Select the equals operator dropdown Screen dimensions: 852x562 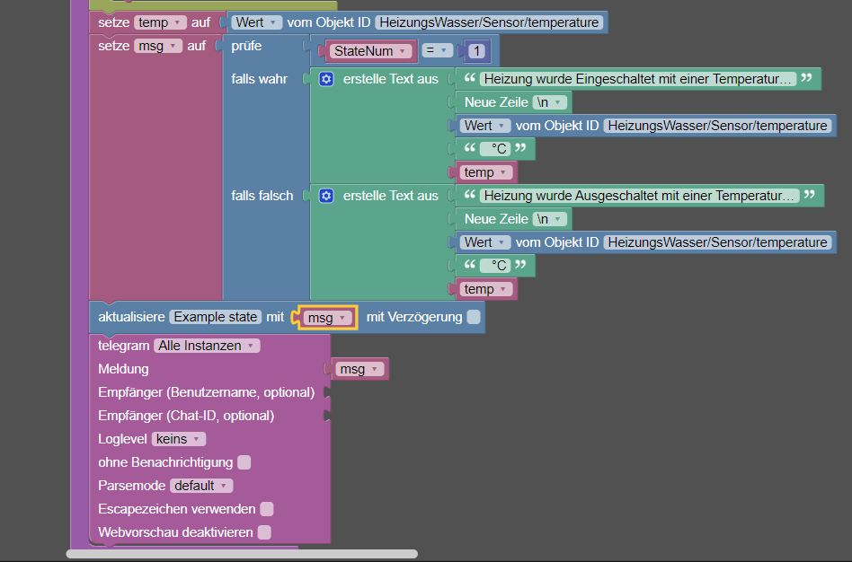(437, 50)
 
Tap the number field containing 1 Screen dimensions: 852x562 (476, 51)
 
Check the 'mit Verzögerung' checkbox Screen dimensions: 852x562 (474, 317)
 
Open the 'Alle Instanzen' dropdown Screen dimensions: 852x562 (207, 346)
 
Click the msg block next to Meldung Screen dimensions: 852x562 (359, 369)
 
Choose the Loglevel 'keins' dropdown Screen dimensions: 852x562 (179, 439)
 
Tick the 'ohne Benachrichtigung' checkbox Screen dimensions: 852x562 (244, 462)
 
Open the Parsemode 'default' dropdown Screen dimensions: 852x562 (201, 486)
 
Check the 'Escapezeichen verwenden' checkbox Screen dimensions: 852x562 (267, 509)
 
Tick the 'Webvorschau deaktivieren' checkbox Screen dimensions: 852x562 (264, 532)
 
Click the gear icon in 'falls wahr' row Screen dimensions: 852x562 (326, 79)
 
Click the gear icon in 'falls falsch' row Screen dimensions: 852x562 (326, 196)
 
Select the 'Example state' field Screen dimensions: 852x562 (216, 317)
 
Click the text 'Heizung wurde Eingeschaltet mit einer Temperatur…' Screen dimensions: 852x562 (638, 79)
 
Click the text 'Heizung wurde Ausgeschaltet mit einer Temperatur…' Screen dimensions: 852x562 (640, 196)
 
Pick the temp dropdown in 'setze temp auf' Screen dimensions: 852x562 (160, 22)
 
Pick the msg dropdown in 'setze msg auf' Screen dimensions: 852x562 (158, 46)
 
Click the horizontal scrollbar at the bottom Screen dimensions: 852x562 (242, 554)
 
